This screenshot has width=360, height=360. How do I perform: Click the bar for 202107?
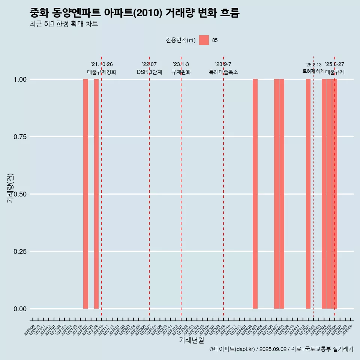pyautogui.click(x=85, y=194)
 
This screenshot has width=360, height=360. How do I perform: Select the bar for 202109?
pyautogui.click(x=96, y=194)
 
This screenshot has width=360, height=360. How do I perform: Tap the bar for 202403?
pyautogui.click(x=255, y=194)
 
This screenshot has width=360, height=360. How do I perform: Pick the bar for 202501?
pyautogui.click(x=308, y=194)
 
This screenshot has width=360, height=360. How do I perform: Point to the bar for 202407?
pyautogui.click(x=276, y=194)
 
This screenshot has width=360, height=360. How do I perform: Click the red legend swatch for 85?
pyautogui.click(x=204, y=40)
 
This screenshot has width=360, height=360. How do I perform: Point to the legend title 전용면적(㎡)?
pyautogui.click(x=181, y=40)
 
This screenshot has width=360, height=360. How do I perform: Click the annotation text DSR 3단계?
pyautogui.click(x=149, y=72)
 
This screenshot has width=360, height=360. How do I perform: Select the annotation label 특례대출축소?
pyautogui.click(x=223, y=72)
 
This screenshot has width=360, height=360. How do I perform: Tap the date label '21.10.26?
pyautogui.click(x=102, y=64)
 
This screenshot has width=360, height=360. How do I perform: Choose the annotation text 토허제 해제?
pyautogui.click(x=313, y=71)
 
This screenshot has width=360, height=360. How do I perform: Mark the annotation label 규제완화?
pyautogui.click(x=181, y=72)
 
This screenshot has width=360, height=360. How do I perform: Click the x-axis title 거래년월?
pyautogui.click(x=192, y=340)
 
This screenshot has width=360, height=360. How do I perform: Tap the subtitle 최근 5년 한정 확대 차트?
pyautogui.click(x=64, y=24)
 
